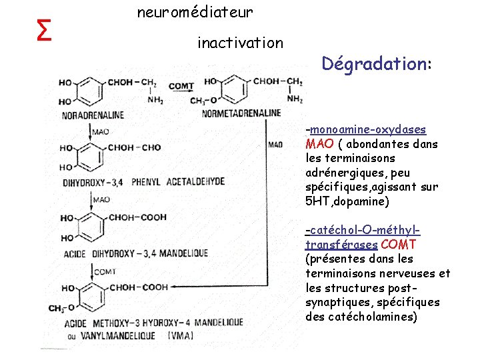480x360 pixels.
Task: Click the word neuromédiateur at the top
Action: tap(195, 12)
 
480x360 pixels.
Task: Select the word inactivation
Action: tap(240, 43)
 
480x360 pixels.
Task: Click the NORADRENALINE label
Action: tap(93, 115)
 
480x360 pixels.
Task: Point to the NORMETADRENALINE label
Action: tap(241, 113)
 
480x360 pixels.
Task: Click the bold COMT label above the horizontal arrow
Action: tap(181, 86)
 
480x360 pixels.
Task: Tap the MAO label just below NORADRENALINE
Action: tap(101, 132)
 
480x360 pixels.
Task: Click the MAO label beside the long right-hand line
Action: tap(275, 144)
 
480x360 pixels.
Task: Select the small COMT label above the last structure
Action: tap(105, 271)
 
